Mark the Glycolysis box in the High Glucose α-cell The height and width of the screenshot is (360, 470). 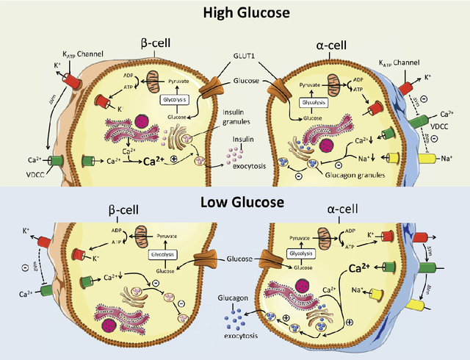point(315,101)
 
